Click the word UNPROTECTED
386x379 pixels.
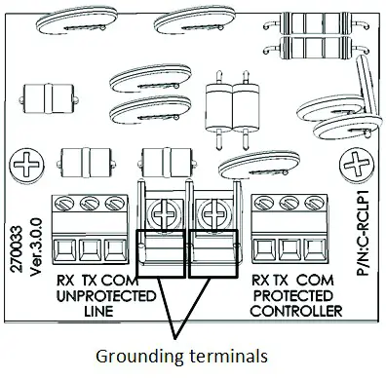pos(97,295)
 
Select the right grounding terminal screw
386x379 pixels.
pos(212,207)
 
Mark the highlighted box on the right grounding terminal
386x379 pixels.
pos(213,250)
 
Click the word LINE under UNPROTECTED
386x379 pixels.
pos(97,313)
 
